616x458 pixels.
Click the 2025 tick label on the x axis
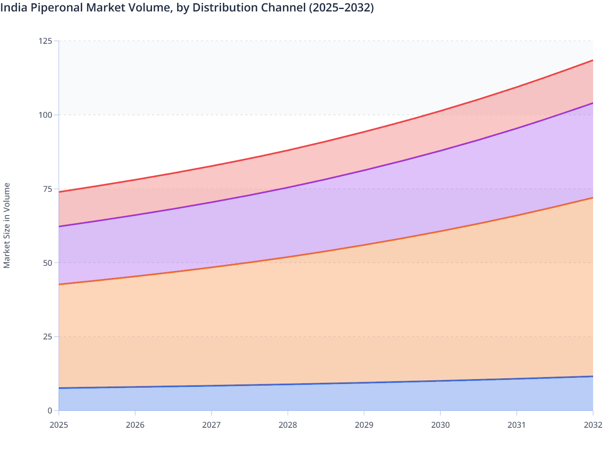[x=58, y=425]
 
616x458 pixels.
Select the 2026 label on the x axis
[x=135, y=425]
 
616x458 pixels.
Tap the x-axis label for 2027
[x=211, y=425]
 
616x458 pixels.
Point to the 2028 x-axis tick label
[x=288, y=425]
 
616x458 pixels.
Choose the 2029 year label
[x=364, y=425]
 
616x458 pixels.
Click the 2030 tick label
[x=440, y=425]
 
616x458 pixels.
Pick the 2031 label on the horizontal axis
[x=516, y=425]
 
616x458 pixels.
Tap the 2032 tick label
[x=593, y=425]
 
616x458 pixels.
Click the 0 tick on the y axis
[x=50, y=411]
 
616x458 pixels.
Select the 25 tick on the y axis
[x=48, y=337]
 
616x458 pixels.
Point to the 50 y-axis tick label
[x=48, y=263]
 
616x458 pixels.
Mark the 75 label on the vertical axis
[x=48, y=189]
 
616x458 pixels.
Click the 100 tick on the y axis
[x=46, y=115]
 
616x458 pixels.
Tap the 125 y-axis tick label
[x=46, y=41]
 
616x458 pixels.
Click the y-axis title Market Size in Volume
[x=7, y=225]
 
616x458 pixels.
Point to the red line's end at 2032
[x=592, y=61]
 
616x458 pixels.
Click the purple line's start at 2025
[x=59, y=226]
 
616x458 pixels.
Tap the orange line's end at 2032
[x=592, y=198]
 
